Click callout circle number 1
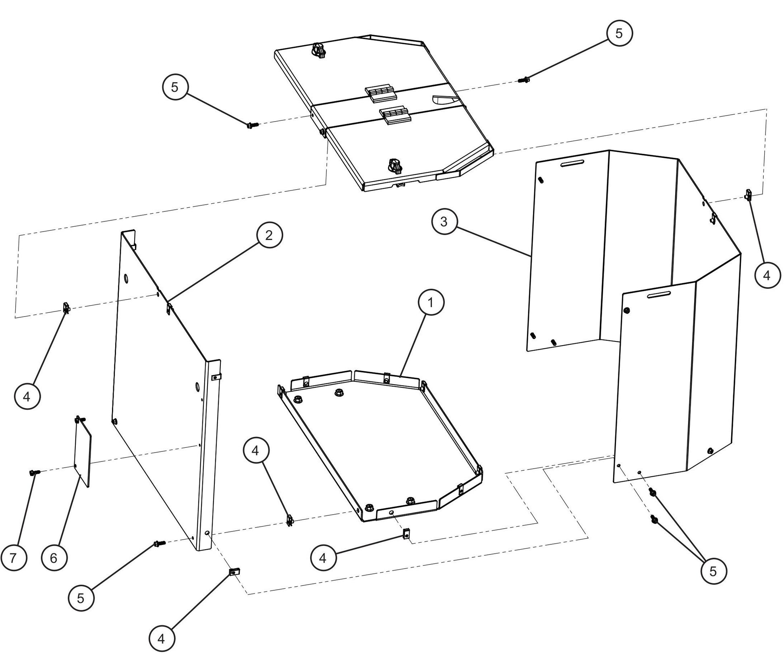tap(431, 302)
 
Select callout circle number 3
tap(444, 221)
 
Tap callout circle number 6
tap(54, 558)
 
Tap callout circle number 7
tap(13, 558)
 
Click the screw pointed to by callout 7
tap(33, 473)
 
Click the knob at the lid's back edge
tap(318, 51)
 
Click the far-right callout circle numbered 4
tap(766, 275)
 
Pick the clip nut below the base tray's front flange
tap(407, 534)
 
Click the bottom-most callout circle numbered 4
tap(162, 639)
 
